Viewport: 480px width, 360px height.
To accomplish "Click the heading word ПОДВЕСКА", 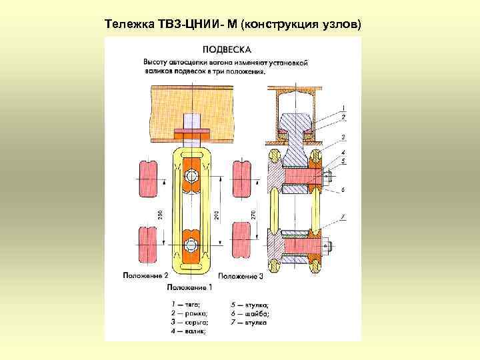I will tap(227, 49).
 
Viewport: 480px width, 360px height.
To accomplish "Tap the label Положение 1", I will tap(189, 287).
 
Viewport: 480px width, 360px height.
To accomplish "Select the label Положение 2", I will tap(145, 275).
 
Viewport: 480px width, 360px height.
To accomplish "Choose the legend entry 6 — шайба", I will tap(249, 313).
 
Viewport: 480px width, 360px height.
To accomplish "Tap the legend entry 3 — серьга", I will tap(189, 321).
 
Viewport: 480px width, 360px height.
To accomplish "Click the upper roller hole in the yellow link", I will tap(193, 177).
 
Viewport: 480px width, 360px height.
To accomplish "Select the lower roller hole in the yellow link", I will tap(193, 243).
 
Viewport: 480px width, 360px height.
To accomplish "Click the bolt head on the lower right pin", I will tap(327, 247).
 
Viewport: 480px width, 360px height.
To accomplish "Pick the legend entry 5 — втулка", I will tap(249, 304).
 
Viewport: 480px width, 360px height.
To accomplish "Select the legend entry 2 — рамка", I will tap(189, 313).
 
